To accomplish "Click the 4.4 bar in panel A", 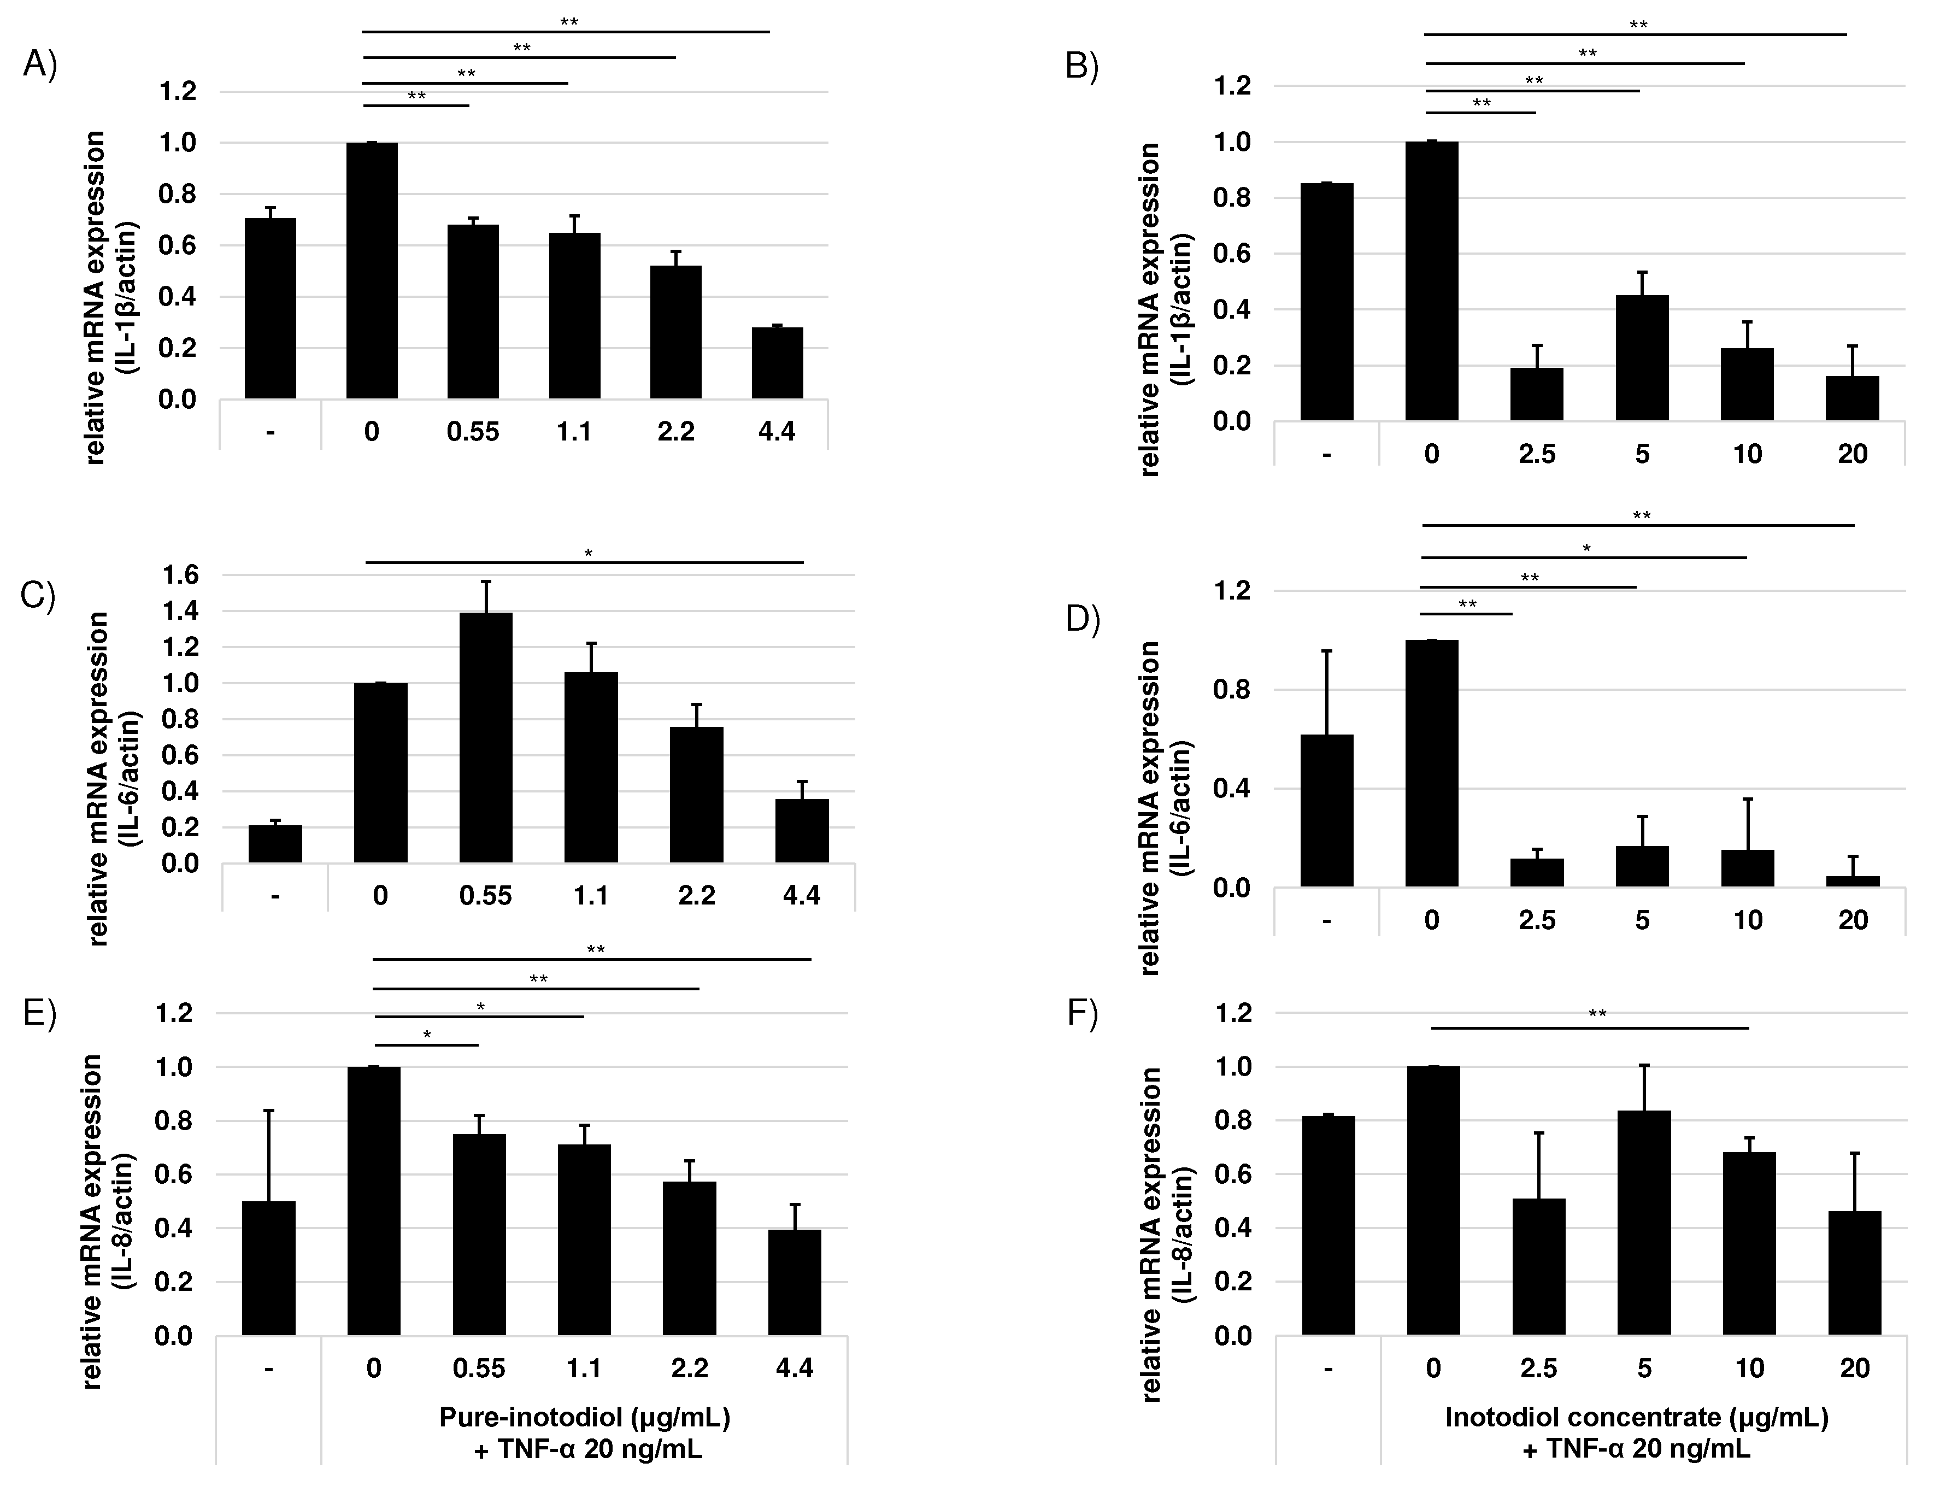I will pyautogui.click(x=777, y=363).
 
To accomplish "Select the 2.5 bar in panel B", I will pyautogui.click(x=1536, y=393).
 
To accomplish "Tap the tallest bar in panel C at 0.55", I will pyautogui.click(x=485, y=737).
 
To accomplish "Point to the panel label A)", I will pyautogui.click(x=40, y=64).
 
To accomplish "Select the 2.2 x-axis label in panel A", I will pyautogui.click(x=675, y=432).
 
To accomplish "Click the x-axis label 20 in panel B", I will pyautogui.click(x=1852, y=454).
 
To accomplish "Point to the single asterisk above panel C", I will pyautogui.click(x=588, y=554).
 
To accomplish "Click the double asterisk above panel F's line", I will pyautogui.click(x=1597, y=1014).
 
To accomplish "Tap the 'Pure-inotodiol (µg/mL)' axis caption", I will pyautogui.click(x=585, y=1418).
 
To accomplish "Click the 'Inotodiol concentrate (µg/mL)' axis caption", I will pyautogui.click(x=1636, y=1418).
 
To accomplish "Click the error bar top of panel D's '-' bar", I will pyautogui.click(x=1326, y=651).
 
